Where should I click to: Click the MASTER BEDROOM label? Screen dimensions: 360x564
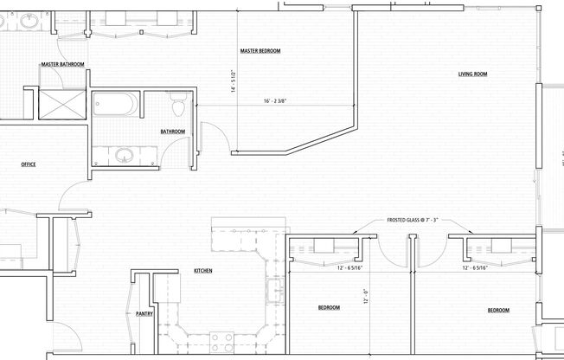[260, 51]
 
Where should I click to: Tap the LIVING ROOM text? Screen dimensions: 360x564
[472, 74]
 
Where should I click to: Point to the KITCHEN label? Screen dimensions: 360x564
[203, 271]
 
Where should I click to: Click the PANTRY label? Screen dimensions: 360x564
[144, 314]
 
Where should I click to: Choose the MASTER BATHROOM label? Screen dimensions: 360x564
[61, 65]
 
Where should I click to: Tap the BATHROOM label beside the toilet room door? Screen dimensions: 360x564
[172, 132]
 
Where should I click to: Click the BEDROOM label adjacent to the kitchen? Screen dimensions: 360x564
[328, 308]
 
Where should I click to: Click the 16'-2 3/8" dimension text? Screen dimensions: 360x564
[279, 101]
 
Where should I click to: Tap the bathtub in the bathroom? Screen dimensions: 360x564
[117, 106]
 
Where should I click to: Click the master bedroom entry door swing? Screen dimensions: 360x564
[212, 136]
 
